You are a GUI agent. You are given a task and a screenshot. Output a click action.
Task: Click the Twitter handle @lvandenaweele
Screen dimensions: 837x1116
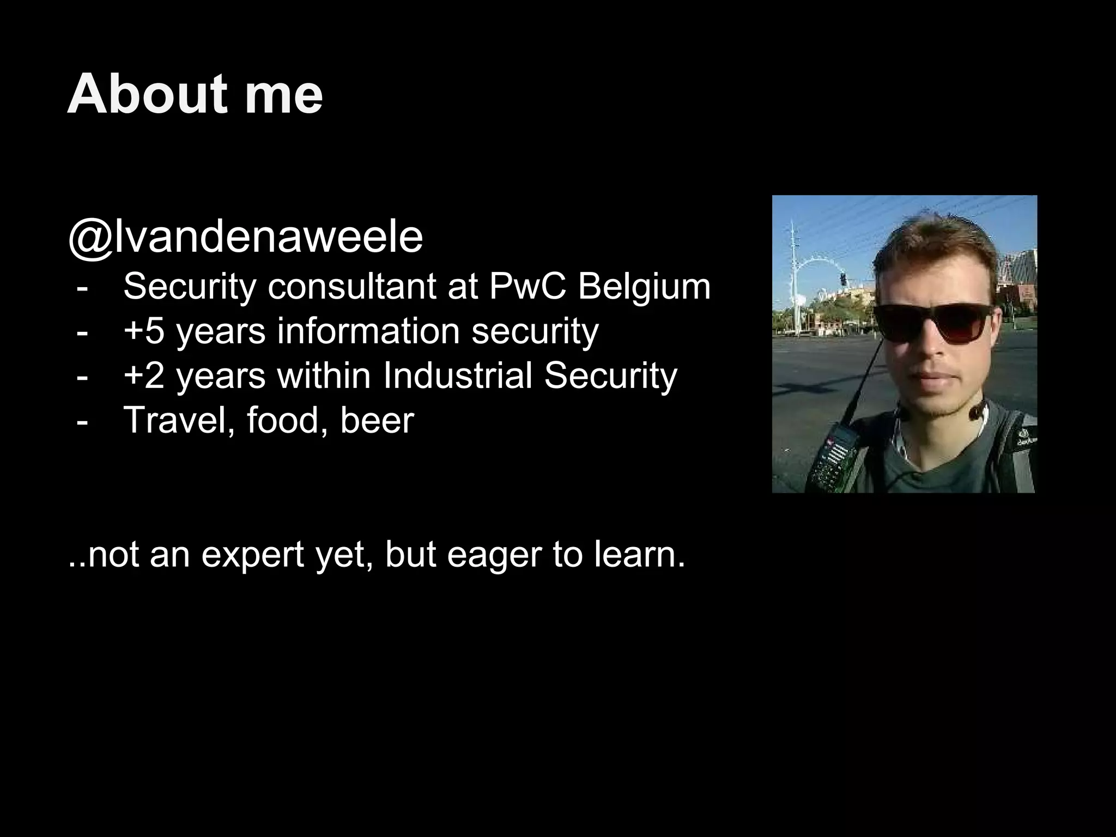tap(245, 238)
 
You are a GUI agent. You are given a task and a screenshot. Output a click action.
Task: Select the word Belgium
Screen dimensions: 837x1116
tap(644, 288)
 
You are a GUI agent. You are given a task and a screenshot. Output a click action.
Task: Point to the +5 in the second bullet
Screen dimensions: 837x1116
tap(144, 331)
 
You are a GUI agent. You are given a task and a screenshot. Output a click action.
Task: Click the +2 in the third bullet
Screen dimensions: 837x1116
tap(144, 376)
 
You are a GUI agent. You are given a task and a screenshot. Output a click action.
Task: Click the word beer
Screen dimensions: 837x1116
tap(377, 421)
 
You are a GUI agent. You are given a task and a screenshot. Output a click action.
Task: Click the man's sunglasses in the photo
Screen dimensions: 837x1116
tap(932, 323)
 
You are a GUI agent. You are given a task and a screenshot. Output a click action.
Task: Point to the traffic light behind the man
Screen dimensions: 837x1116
tap(843, 280)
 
